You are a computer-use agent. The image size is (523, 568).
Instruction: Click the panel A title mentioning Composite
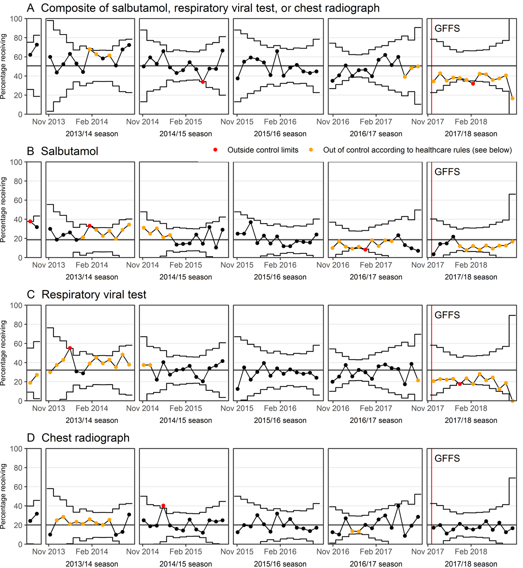pos(203,8)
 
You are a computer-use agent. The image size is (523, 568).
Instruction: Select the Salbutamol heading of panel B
pos(70,151)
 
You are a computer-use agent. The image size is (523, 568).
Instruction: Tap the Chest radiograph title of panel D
pos(85,438)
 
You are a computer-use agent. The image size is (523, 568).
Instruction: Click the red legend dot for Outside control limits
pos(215,150)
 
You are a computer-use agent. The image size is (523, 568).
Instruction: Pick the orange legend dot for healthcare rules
pos(311,150)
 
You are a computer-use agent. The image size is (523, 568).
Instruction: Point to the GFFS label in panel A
pos(447,29)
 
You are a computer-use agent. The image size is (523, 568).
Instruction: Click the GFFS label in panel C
pos(447,315)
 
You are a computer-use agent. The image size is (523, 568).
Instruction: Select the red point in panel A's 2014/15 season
pos(203,82)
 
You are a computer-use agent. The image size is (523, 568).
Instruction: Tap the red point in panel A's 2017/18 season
pos(473,84)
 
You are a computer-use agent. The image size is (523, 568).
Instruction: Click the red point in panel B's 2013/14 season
pos(89,226)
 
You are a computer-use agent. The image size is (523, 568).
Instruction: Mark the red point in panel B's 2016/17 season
pos(365,250)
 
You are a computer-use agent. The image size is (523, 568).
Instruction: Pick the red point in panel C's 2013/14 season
pos(70,348)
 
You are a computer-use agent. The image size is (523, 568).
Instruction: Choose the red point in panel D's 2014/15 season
pos(163,506)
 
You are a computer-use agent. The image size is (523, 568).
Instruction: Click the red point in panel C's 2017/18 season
pos(460,384)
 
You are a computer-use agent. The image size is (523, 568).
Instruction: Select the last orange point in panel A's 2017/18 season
pos(513,99)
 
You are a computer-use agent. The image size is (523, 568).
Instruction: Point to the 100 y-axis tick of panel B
pos(16,162)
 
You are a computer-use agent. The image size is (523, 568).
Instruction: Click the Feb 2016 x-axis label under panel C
pos(280,408)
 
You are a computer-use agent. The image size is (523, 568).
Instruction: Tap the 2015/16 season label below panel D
pos(280,564)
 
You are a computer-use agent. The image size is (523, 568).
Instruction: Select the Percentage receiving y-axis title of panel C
pos(3,353)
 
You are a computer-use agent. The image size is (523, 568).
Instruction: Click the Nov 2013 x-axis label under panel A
pos(48,122)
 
